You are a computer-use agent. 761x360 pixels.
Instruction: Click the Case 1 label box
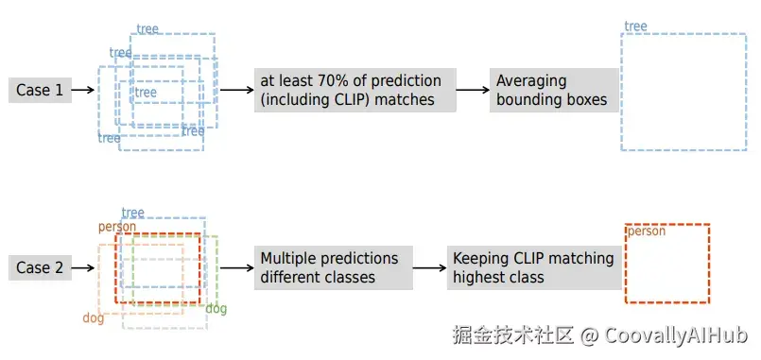coord(40,91)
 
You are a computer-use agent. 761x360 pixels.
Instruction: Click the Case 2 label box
coord(40,267)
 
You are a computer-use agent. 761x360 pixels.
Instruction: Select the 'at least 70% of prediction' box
coord(355,91)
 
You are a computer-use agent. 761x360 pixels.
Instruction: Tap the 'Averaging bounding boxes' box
coord(554,91)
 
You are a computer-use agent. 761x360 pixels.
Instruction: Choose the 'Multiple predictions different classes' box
coord(334,267)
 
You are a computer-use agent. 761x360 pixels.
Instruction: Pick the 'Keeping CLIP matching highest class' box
coord(534,267)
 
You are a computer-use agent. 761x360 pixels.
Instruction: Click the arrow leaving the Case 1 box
coord(83,90)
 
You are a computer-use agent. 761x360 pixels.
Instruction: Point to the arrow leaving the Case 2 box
coord(83,267)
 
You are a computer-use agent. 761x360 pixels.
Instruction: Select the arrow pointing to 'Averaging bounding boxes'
coord(473,90)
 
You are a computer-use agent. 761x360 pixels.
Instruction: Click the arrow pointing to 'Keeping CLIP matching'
coord(430,267)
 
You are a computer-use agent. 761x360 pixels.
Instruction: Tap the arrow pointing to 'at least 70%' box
coord(237,90)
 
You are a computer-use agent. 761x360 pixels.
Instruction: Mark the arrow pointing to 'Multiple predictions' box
coord(237,267)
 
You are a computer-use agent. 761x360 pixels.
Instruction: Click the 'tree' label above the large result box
coord(635,26)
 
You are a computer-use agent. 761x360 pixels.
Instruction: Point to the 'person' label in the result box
coord(647,231)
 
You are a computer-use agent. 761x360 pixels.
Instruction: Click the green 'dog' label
coord(216,309)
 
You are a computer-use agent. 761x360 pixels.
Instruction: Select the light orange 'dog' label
coord(94,318)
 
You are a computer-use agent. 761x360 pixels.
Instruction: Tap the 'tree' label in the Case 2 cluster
coord(133,213)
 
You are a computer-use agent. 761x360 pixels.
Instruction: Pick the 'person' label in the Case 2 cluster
coord(117,227)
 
